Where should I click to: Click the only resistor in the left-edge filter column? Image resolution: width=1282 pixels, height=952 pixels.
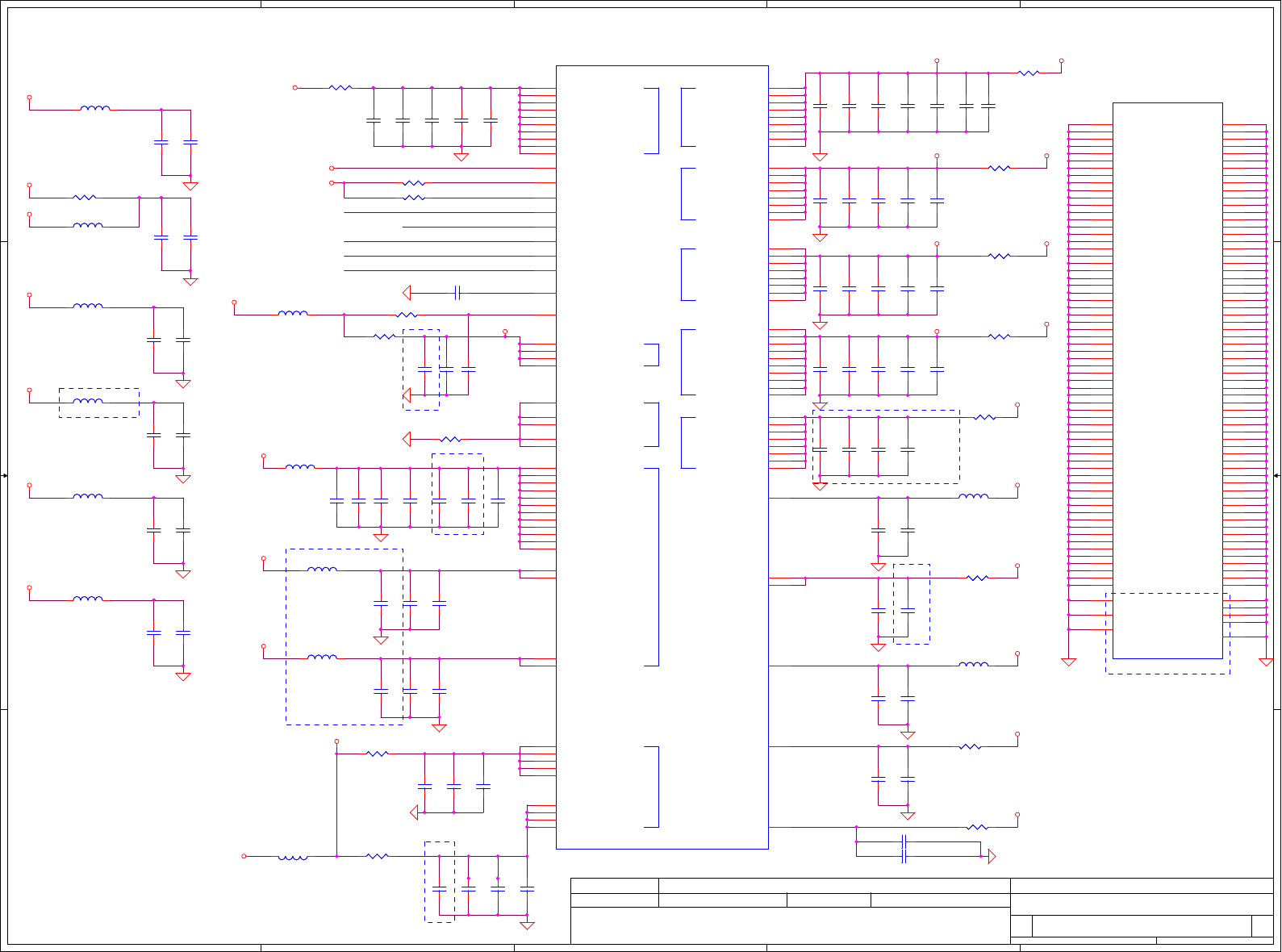85,197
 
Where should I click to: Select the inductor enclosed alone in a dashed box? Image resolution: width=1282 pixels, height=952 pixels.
88,402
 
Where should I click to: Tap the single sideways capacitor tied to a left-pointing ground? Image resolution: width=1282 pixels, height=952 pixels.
457,292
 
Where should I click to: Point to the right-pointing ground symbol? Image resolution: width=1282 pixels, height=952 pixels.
992,856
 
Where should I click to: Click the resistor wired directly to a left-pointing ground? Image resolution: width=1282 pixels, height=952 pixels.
450,439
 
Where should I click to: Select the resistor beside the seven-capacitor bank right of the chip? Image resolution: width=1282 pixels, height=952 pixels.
1029,73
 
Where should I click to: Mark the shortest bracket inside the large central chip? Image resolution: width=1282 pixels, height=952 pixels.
653,355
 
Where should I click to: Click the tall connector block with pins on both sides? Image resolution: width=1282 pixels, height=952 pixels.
1167,380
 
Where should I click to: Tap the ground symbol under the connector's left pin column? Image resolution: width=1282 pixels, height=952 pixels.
1068,662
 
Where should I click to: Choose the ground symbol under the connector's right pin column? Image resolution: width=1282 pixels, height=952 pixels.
1266,662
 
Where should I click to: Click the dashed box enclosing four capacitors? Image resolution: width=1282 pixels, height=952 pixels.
885,447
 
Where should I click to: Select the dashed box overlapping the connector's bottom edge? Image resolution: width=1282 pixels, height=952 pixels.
1167,633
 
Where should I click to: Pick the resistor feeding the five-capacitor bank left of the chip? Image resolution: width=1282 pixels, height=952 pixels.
340,87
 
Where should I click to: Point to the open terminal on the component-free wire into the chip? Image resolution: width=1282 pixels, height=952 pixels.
332,168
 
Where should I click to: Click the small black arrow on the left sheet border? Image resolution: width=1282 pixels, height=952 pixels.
4,476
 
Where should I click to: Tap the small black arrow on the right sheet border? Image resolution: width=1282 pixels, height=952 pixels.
1277,476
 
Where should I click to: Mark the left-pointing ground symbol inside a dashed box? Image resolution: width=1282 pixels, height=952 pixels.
407,395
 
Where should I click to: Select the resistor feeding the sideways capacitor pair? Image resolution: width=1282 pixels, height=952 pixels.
977,827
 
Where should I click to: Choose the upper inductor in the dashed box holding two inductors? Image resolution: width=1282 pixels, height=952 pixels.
323,570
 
